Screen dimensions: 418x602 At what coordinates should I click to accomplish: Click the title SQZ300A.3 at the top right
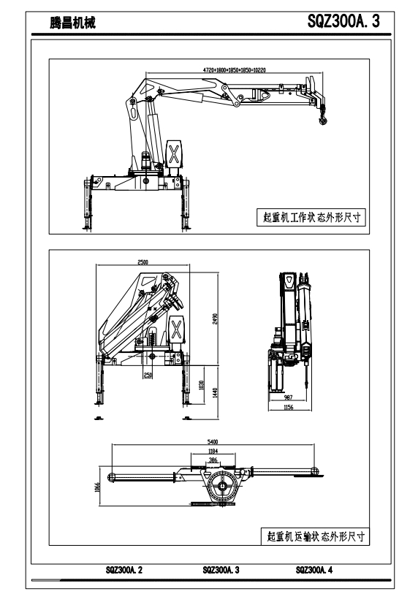click(x=343, y=21)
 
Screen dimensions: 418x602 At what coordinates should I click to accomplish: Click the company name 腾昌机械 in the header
click(x=72, y=23)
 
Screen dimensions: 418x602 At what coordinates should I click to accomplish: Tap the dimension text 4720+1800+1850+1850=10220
click(x=235, y=70)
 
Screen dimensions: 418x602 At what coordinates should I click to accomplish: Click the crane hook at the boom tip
click(x=322, y=117)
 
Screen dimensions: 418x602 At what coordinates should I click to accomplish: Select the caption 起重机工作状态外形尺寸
click(x=311, y=217)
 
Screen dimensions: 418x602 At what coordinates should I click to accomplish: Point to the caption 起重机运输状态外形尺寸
click(x=316, y=536)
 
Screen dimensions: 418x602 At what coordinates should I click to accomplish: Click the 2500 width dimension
click(x=143, y=262)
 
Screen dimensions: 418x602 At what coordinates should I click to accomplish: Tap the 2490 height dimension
click(x=215, y=319)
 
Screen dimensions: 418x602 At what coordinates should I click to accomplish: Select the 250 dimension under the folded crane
click(x=148, y=375)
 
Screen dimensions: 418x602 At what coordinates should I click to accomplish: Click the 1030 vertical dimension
click(x=202, y=386)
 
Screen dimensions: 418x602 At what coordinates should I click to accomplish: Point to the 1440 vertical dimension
click(x=215, y=392)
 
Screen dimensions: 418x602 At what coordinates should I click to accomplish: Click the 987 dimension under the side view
click(x=288, y=397)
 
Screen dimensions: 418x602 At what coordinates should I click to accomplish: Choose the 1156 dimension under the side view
click(x=289, y=408)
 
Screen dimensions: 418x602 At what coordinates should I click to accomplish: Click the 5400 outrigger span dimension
click(x=213, y=442)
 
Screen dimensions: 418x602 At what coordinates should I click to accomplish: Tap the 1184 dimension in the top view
click(x=213, y=451)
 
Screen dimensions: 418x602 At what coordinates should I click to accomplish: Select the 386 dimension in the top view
click(x=213, y=460)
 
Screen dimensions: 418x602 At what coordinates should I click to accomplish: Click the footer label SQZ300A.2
click(x=124, y=570)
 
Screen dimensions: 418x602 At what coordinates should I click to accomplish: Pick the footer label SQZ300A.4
click(x=314, y=570)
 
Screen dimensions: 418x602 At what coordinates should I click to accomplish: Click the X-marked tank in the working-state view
click(x=174, y=153)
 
